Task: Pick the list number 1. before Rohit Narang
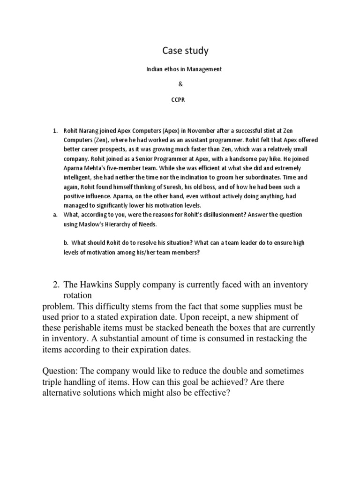tap(54, 130)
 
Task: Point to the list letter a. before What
tap(55, 215)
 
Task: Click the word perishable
tap(82, 328)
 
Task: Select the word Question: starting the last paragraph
tap(62, 371)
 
